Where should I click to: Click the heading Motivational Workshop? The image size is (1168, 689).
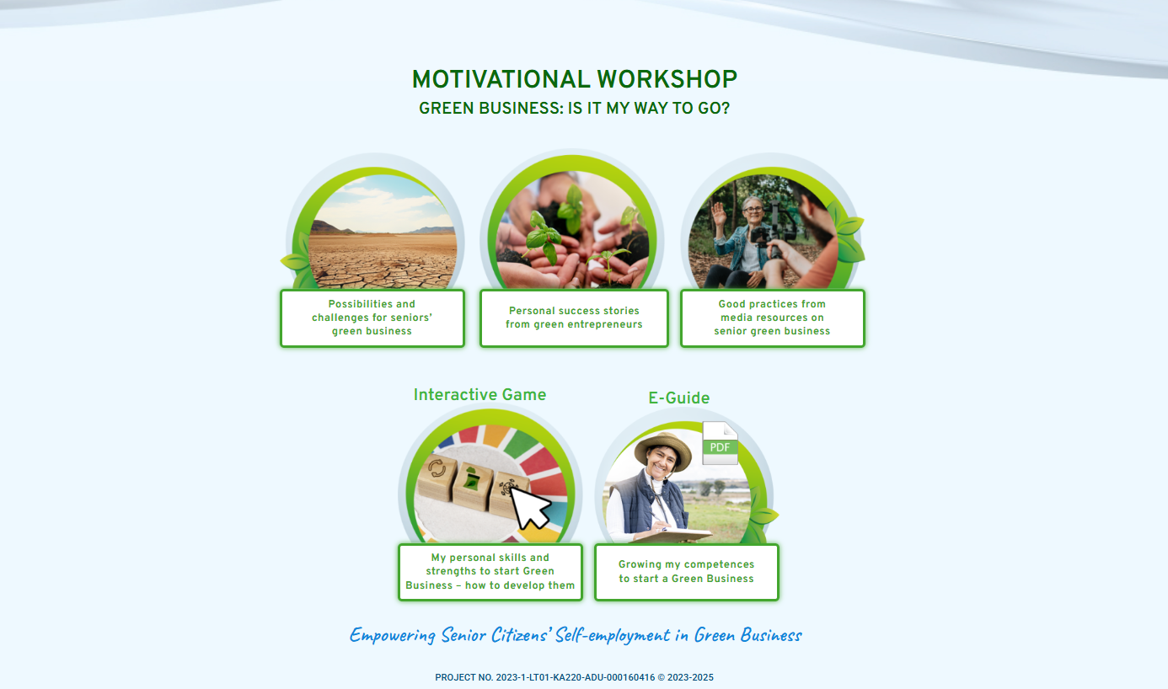pyautogui.click(x=574, y=79)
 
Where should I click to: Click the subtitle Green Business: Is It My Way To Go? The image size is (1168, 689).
pyautogui.click(x=574, y=109)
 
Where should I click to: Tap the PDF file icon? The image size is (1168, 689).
pyautogui.click(x=720, y=443)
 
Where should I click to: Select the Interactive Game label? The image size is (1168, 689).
pyautogui.click(x=480, y=394)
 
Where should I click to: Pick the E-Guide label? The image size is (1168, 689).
pyautogui.click(x=679, y=398)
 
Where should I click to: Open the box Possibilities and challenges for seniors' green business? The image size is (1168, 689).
pyautogui.click(x=372, y=318)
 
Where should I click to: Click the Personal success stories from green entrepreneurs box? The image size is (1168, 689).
pyautogui.click(x=574, y=318)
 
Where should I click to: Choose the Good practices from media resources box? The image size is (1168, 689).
pyautogui.click(x=772, y=318)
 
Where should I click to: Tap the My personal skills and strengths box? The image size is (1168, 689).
pyautogui.click(x=490, y=572)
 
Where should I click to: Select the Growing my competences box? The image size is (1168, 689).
pyautogui.click(x=687, y=572)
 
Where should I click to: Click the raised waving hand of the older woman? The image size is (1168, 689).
pyautogui.click(x=720, y=214)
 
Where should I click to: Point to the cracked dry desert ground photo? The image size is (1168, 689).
pyautogui.click(x=383, y=232)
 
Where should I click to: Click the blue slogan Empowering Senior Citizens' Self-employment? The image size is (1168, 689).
pyautogui.click(x=576, y=635)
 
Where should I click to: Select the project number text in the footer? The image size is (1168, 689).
pyautogui.click(x=574, y=677)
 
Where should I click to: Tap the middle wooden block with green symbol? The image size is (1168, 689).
pyautogui.click(x=473, y=484)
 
